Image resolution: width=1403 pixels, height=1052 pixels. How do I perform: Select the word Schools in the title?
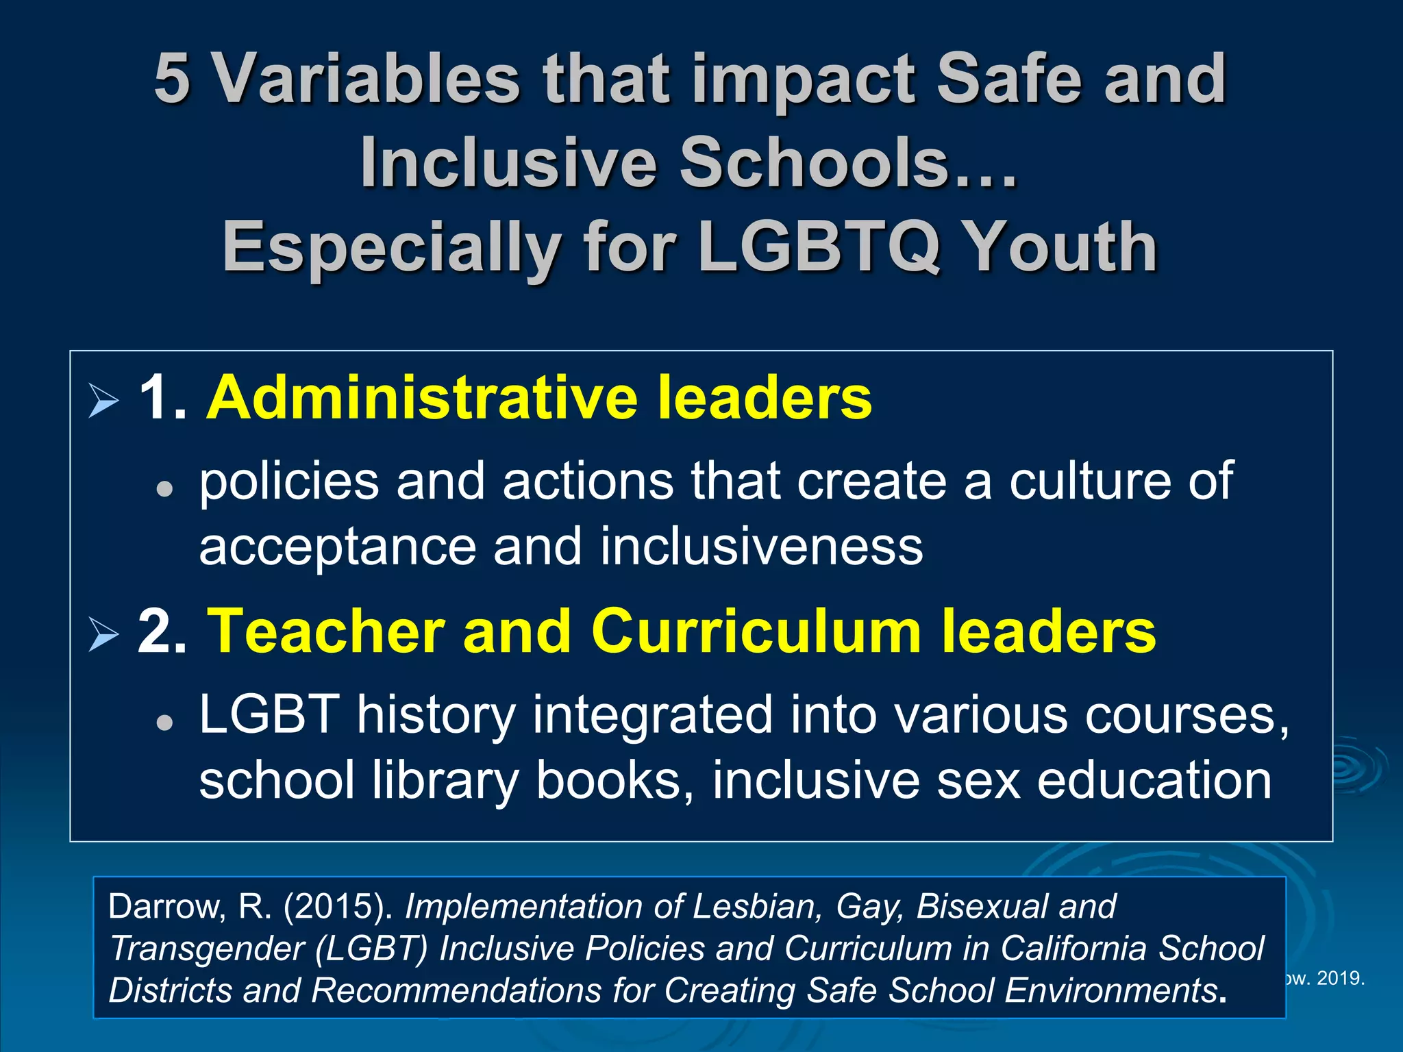point(815,162)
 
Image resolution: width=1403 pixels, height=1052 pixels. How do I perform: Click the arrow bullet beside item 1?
point(103,400)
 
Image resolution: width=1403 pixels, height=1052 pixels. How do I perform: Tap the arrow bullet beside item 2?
point(103,634)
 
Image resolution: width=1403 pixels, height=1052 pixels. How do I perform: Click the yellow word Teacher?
point(325,631)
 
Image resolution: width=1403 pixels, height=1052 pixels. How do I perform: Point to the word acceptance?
point(337,548)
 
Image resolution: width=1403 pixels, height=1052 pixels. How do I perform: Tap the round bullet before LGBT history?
point(164,722)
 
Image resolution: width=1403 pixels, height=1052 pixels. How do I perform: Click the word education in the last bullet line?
point(1154,780)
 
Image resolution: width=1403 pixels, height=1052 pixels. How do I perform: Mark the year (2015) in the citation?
point(338,907)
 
